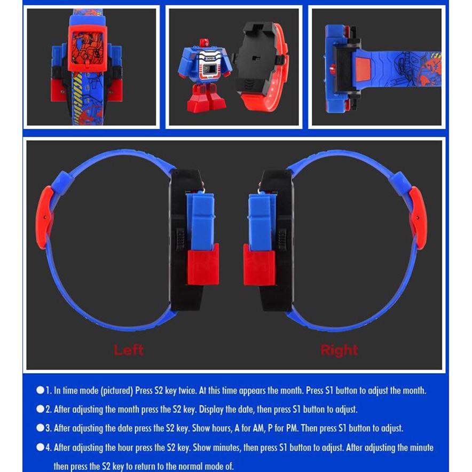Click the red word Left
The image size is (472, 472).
click(x=129, y=350)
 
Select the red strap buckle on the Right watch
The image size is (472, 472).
click(x=418, y=218)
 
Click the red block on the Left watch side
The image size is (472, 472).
click(x=203, y=265)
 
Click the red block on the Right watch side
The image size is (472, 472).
click(x=259, y=265)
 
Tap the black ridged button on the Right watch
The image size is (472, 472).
click(x=282, y=239)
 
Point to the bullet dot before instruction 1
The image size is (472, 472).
click(x=40, y=390)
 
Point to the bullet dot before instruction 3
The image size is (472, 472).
click(x=40, y=428)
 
